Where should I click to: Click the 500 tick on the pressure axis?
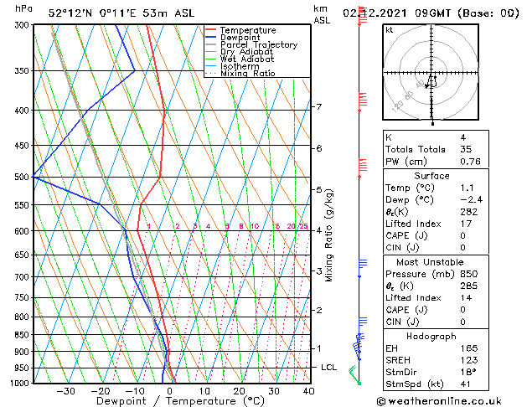23,178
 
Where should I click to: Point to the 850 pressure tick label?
23,335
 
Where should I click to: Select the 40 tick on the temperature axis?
308,391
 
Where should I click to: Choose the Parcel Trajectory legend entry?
258,45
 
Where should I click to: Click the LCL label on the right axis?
329,368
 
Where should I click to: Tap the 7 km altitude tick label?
318,107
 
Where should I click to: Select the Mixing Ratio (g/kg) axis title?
329,235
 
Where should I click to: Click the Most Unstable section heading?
432,261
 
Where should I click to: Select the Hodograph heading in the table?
432,336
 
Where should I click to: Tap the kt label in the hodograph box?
389,30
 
